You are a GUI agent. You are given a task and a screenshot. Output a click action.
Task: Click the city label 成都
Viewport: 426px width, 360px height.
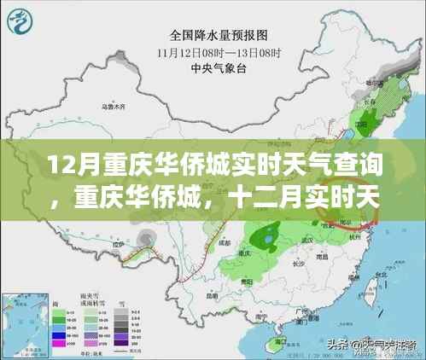click(x=229, y=242)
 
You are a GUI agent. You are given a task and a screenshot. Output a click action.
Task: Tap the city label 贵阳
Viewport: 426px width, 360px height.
click(x=248, y=279)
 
